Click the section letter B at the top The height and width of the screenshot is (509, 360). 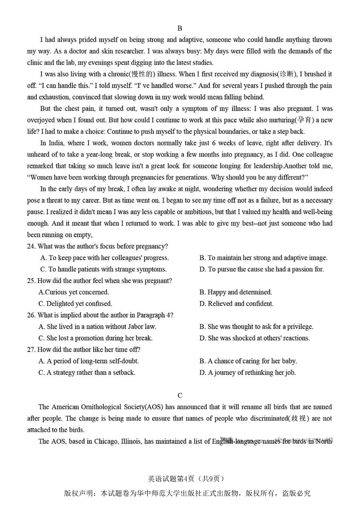(180, 28)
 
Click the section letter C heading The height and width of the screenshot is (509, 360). (180, 396)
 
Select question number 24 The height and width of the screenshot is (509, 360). (31, 246)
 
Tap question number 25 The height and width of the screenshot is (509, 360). (31, 281)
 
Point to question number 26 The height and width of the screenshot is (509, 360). (31, 315)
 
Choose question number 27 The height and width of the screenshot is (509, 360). (31, 349)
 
